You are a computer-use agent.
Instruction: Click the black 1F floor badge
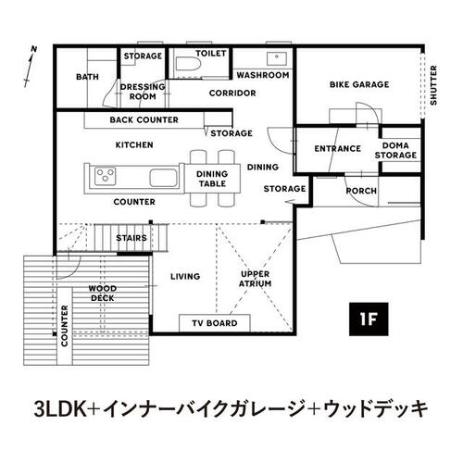click(369, 319)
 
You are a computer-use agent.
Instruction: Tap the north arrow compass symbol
click(31, 67)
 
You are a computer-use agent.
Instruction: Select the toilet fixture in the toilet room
click(188, 65)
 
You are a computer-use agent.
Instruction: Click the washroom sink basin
click(277, 58)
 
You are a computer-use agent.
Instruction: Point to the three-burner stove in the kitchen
click(106, 176)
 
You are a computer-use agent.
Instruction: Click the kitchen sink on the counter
click(164, 178)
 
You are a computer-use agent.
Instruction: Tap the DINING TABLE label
click(212, 179)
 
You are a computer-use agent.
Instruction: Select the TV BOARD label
click(215, 323)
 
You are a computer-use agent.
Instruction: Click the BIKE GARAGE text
click(359, 84)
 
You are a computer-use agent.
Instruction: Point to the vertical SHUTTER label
click(433, 85)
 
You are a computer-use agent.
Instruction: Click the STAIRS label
click(131, 238)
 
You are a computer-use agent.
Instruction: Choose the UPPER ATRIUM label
click(256, 279)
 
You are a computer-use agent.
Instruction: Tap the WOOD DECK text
click(103, 294)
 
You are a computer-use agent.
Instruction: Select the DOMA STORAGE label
click(395, 150)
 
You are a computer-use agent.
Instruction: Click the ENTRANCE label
click(338, 149)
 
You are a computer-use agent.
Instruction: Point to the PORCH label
click(361, 191)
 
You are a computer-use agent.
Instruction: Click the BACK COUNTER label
click(144, 119)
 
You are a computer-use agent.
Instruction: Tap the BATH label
click(87, 77)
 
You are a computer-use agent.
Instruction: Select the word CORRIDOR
click(232, 93)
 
